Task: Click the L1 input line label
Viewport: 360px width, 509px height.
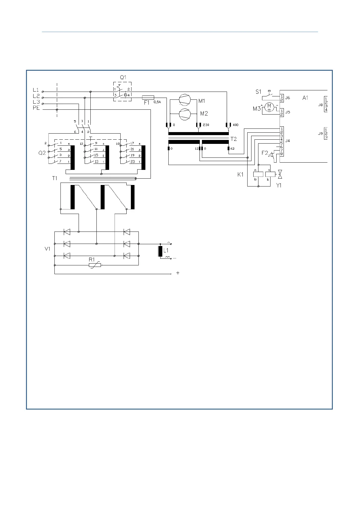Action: (36, 90)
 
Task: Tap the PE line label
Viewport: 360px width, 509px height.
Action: (36, 108)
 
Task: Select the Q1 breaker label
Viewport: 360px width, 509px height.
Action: (123, 77)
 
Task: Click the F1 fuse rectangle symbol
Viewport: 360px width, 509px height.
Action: (148, 97)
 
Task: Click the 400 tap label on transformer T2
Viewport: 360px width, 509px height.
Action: (236, 125)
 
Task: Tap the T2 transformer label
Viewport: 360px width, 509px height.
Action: (234, 139)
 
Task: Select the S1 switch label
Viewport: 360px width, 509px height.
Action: (258, 92)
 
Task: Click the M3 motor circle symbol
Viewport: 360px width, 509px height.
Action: (269, 107)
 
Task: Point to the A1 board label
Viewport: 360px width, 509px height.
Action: (305, 98)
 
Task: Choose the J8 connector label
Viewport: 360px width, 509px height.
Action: (320, 105)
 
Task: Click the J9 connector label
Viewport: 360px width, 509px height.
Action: (320, 133)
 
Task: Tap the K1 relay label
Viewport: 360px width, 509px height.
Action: (240, 175)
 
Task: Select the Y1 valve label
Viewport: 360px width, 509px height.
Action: (279, 186)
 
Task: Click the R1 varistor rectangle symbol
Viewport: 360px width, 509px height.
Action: (95, 265)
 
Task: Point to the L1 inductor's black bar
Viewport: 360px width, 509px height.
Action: (160, 251)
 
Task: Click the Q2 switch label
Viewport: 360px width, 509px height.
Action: (42, 153)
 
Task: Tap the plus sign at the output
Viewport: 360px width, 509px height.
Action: (178, 273)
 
